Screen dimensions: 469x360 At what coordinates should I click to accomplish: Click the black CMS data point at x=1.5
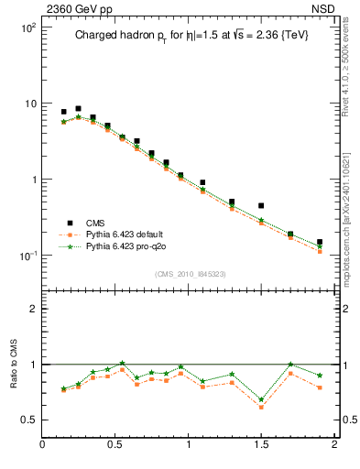pos(261,206)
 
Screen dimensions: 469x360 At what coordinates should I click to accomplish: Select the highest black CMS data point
pos(78,108)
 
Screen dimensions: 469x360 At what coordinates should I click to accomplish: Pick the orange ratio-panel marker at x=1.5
pos(261,407)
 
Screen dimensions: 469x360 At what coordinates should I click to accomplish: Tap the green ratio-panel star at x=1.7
pos(290,365)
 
